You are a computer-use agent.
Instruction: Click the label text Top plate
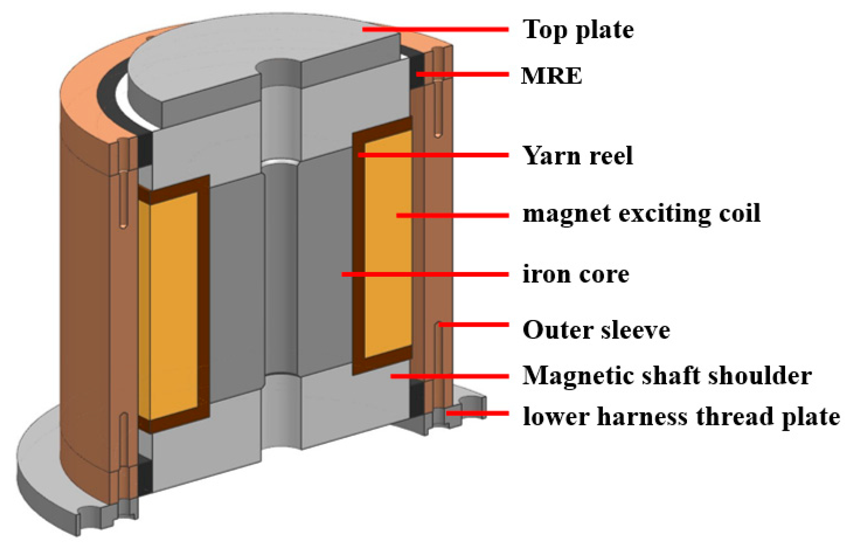click(x=578, y=30)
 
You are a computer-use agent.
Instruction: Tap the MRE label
click(x=551, y=76)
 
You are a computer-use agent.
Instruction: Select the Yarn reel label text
click(x=577, y=155)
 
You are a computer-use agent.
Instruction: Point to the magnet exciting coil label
click(x=641, y=214)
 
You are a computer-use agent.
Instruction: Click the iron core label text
click(x=576, y=274)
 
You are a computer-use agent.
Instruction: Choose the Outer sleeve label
click(x=596, y=330)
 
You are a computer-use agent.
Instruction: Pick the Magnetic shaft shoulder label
click(x=667, y=375)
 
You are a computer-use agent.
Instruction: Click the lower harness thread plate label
click(x=681, y=416)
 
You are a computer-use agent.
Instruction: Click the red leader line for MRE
click(x=462, y=74)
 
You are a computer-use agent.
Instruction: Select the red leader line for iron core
click(x=425, y=274)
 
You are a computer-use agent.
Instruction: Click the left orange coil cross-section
click(x=174, y=306)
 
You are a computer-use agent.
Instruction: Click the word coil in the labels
click(x=740, y=214)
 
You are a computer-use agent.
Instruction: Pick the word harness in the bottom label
click(x=643, y=416)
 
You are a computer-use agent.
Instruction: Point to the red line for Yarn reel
click(x=433, y=155)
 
